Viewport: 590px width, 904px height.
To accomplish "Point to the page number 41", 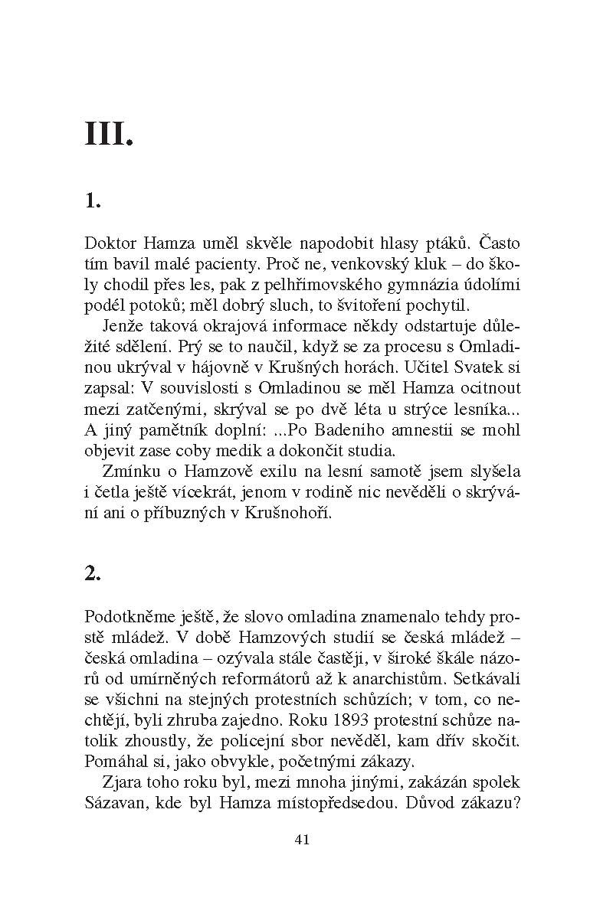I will [x=300, y=840].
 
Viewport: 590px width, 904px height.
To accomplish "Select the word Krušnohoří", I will [x=295, y=512].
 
